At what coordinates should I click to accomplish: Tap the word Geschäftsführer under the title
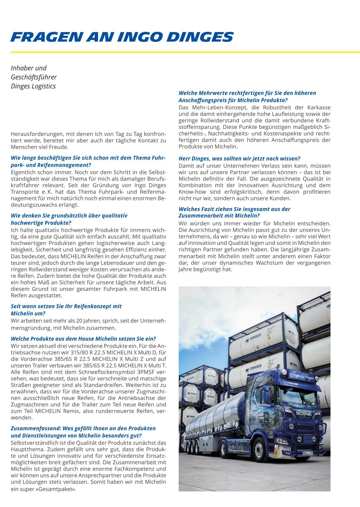click(34, 77)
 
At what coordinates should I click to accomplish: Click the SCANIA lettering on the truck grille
click(304, 414)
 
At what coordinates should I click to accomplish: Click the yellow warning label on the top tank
click(269, 337)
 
